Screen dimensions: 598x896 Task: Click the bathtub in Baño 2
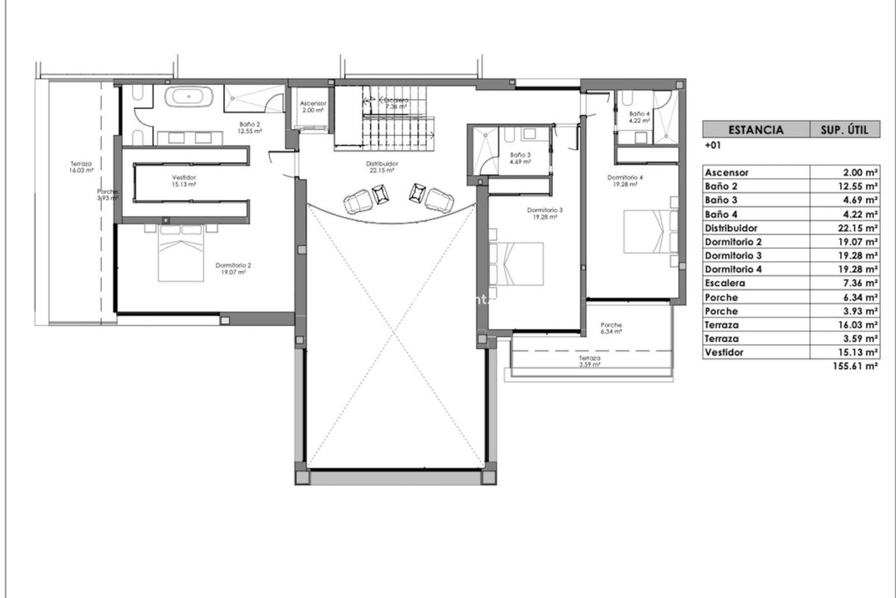tap(189, 97)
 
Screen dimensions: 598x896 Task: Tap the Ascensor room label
tap(313, 107)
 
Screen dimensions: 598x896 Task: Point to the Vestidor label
tap(184, 181)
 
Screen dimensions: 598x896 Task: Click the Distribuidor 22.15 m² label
tap(382, 167)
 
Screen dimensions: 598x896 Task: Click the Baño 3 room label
tap(520, 158)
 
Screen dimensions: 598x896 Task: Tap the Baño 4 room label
tap(639, 117)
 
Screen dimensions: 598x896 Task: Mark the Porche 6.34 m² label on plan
tap(611, 328)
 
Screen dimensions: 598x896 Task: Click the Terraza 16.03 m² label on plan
tap(81, 167)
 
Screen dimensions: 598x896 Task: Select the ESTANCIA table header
tap(756, 129)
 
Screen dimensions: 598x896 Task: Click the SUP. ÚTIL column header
tap(844, 129)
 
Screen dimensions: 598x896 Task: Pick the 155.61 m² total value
tap(856, 366)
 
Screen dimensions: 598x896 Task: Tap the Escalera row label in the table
tap(725, 283)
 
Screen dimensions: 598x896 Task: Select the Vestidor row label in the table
tap(724, 352)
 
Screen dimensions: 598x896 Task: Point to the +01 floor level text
tap(713, 145)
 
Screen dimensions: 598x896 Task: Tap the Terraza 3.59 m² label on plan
tap(589, 361)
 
